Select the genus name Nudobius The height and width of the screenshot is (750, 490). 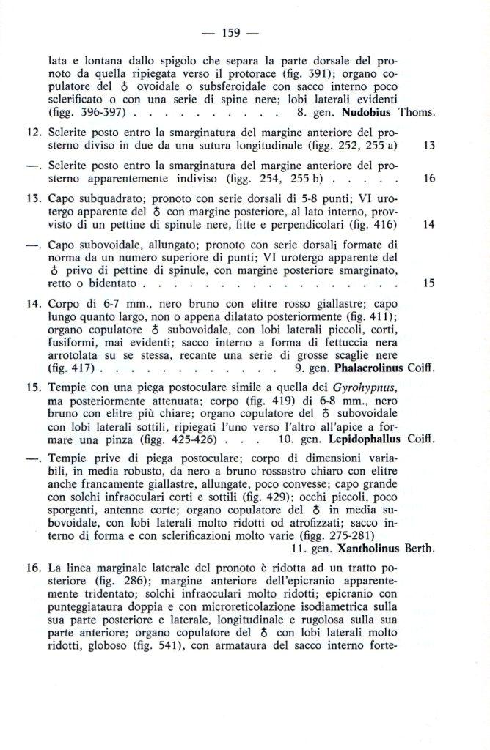tap(365, 113)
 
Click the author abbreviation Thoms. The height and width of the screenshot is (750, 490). tap(417, 113)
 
